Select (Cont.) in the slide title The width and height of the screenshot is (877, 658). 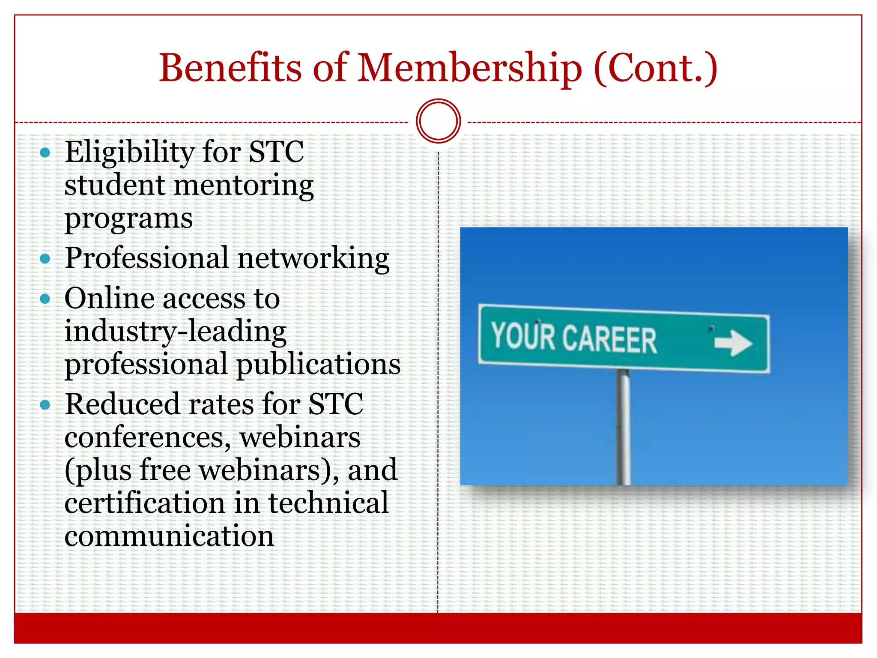[x=656, y=69]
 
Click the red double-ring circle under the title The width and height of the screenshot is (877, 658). [x=438, y=121]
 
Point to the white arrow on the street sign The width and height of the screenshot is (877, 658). [x=733, y=343]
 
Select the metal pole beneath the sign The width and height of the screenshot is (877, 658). [x=623, y=428]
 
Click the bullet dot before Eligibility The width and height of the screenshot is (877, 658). [x=45, y=153]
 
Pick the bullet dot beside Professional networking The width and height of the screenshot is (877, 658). [x=45, y=259]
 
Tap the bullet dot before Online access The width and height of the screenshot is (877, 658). [x=45, y=299]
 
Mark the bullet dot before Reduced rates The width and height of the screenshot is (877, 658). [x=45, y=405]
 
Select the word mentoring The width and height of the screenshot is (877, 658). [x=244, y=186]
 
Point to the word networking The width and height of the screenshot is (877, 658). [x=313, y=259]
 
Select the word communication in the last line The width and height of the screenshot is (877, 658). [x=169, y=536]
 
